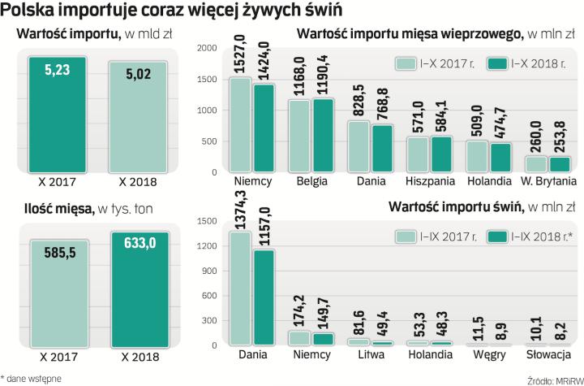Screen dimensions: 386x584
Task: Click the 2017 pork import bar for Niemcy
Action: click(241, 127)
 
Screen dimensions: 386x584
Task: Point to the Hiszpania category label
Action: click(429, 181)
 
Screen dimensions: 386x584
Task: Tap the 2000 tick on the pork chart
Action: click(207, 49)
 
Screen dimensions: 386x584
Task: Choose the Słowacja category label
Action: click(547, 355)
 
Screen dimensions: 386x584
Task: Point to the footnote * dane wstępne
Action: click(32, 378)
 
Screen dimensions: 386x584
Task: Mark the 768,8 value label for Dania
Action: click(382, 103)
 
